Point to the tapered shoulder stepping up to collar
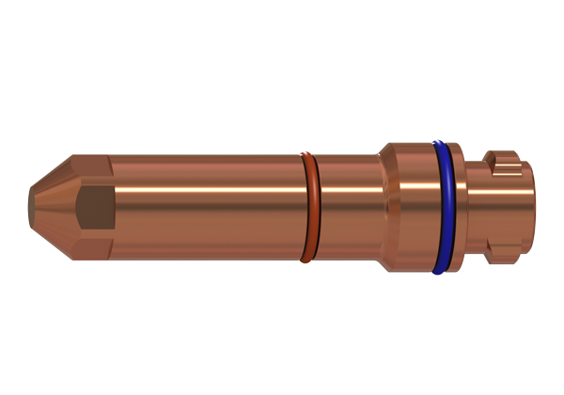point(386,207)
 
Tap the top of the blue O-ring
point(439,144)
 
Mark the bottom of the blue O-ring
point(437,270)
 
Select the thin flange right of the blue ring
point(457,207)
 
